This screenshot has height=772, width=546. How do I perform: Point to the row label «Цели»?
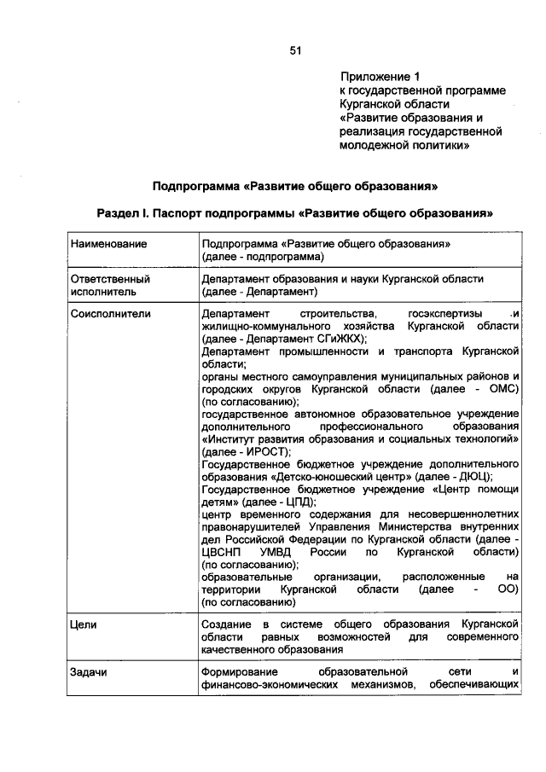pyautogui.click(x=84, y=625)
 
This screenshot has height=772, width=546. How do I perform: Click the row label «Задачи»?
pyautogui.click(x=88, y=672)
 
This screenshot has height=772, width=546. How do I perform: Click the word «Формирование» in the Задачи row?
pyautogui.click(x=239, y=672)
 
